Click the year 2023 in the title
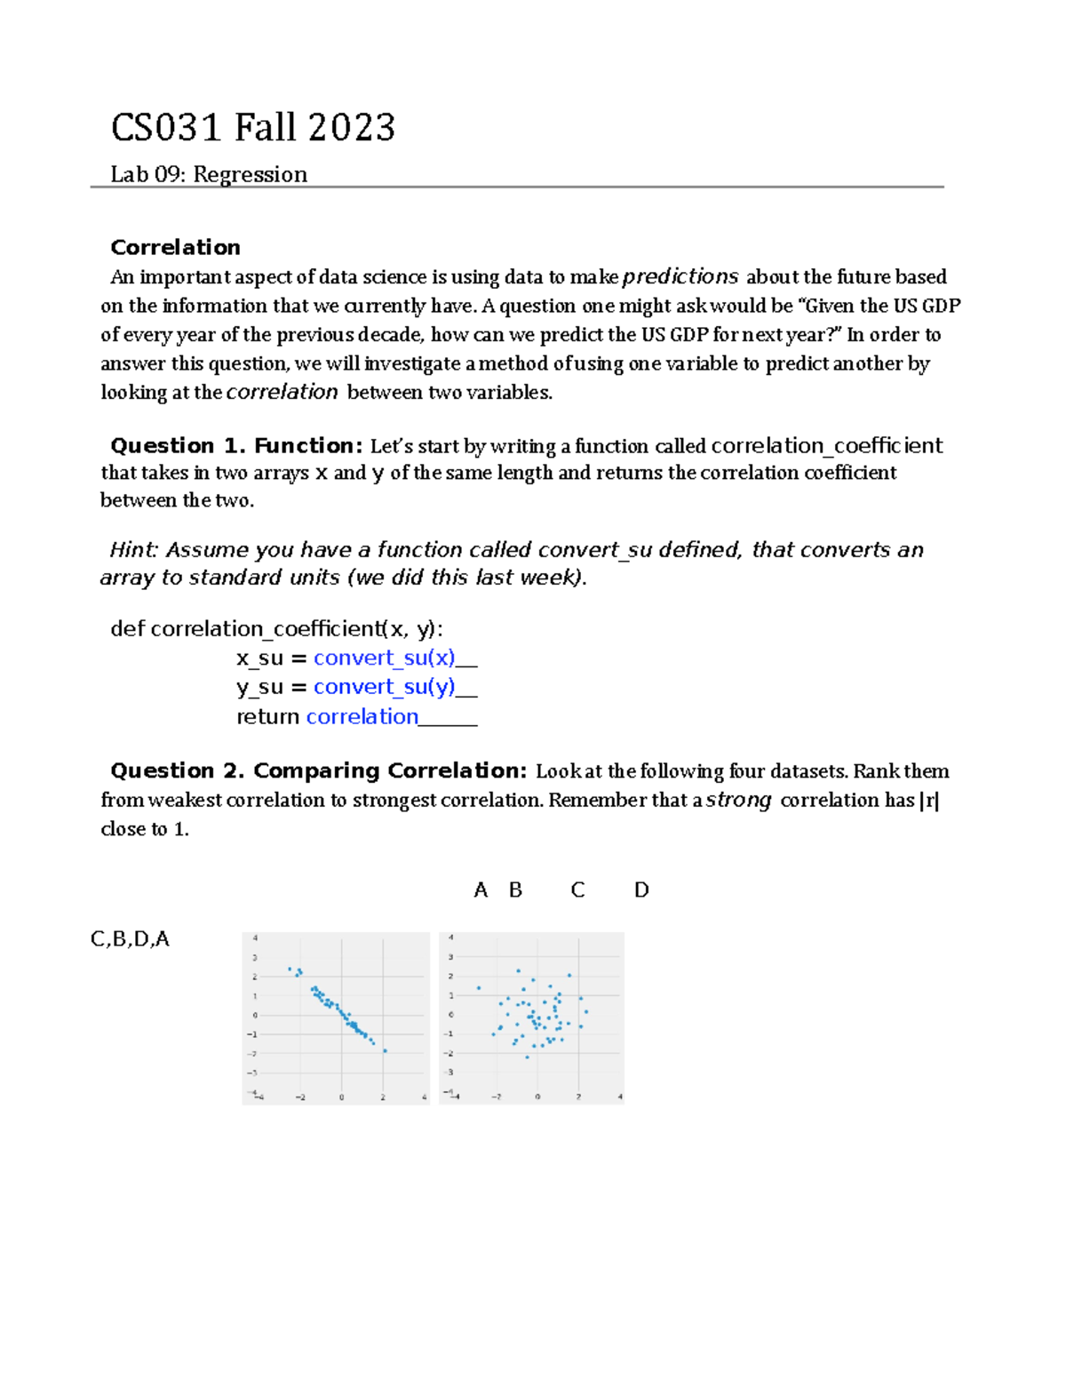[x=352, y=128]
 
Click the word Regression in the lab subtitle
[x=250, y=174]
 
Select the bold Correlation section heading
[x=175, y=247]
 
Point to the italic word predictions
[x=680, y=276]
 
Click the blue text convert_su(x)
[x=384, y=658]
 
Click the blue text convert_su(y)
[x=384, y=687]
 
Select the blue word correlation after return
[x=362, y=716]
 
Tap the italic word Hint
[x=132, y=550]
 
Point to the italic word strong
[x=738, y=800]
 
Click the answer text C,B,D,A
[x=130, y=939]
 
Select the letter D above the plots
[x=641, y=889]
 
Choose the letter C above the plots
[x=577, y=889]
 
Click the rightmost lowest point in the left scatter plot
[x=385, y=1051]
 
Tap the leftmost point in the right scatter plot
[x=479, y=988]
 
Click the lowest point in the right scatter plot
[x=527, y=1057]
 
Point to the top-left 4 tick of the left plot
[x=256, y=937]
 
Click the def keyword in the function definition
[x=128, y=629]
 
